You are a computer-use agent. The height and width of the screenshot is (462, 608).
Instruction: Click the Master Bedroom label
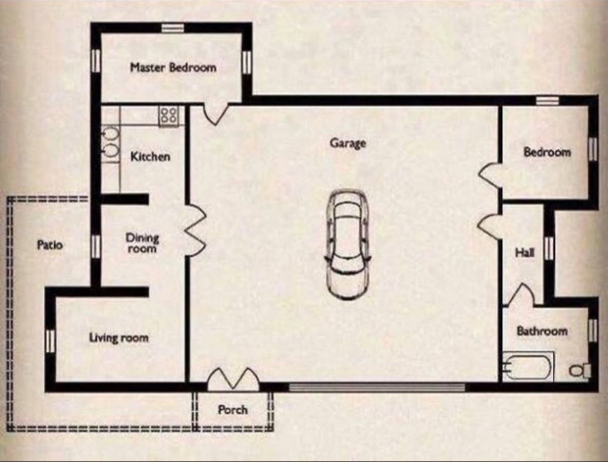(x=173, y=68)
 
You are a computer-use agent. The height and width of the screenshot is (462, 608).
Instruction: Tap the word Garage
(x=348, y=143)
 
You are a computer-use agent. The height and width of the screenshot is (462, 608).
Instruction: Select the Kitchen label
(x=150, y=157)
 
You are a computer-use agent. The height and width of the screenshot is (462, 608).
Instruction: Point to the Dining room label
(x=142, y=243)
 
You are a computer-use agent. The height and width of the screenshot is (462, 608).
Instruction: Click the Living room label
(x=119, y=338)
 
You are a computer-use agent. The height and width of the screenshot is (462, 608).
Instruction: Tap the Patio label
(x=50, y=245)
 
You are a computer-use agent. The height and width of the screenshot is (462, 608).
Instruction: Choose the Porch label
(x=233, y=410)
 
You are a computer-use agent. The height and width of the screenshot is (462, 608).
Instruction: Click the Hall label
(x=525, y=253)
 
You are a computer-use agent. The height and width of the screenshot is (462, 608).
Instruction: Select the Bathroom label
(x=542, y=331)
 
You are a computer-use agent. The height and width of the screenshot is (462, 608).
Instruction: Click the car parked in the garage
(x=347, y=244)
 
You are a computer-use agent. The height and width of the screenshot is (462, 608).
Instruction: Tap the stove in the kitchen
(x=168, y=115)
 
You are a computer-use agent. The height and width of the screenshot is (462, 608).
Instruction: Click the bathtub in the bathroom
(x=528, y=366)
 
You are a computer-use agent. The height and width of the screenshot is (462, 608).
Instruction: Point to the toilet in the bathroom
(x=580, y=370)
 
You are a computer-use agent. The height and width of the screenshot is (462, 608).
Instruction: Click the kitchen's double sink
(x=110, y=143)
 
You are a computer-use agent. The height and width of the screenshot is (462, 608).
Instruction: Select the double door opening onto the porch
(x=233, y=379)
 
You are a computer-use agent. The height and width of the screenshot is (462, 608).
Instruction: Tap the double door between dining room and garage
(x=195, y=231)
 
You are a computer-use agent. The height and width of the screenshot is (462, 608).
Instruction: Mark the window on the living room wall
(x=50, y=341)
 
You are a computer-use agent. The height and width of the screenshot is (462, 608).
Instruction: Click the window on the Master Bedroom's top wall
(x=173, y=28)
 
